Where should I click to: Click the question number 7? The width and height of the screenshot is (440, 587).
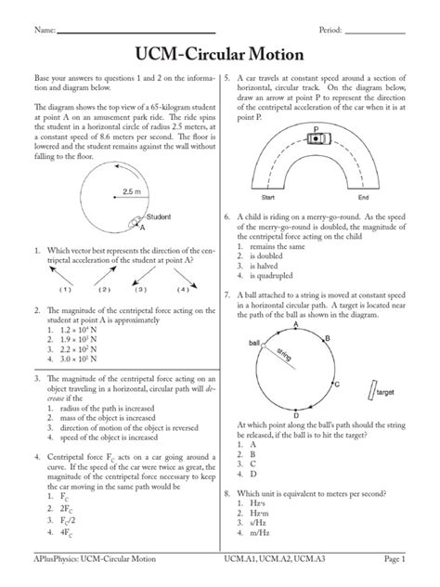[227, 293]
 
